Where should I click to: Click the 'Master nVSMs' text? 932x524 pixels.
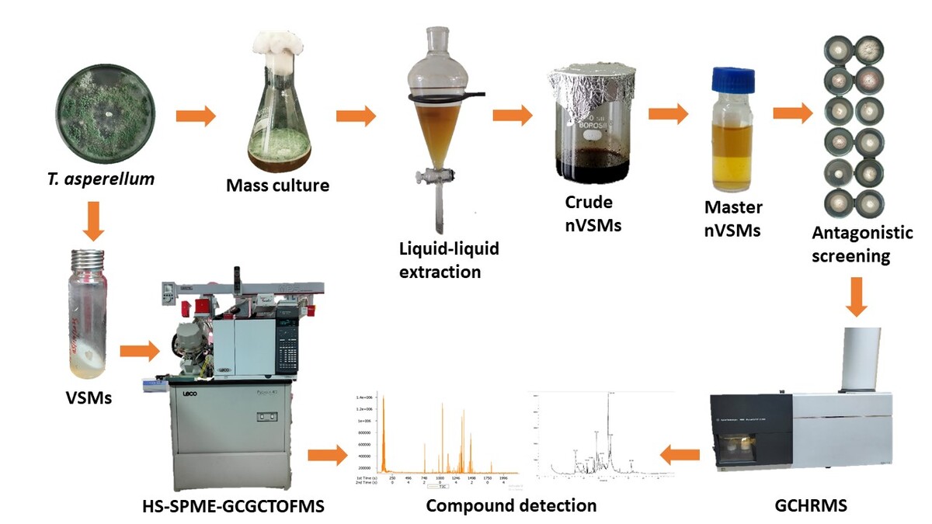732,220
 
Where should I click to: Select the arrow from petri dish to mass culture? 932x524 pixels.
196,117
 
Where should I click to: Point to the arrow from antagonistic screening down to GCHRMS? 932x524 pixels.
857,297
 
